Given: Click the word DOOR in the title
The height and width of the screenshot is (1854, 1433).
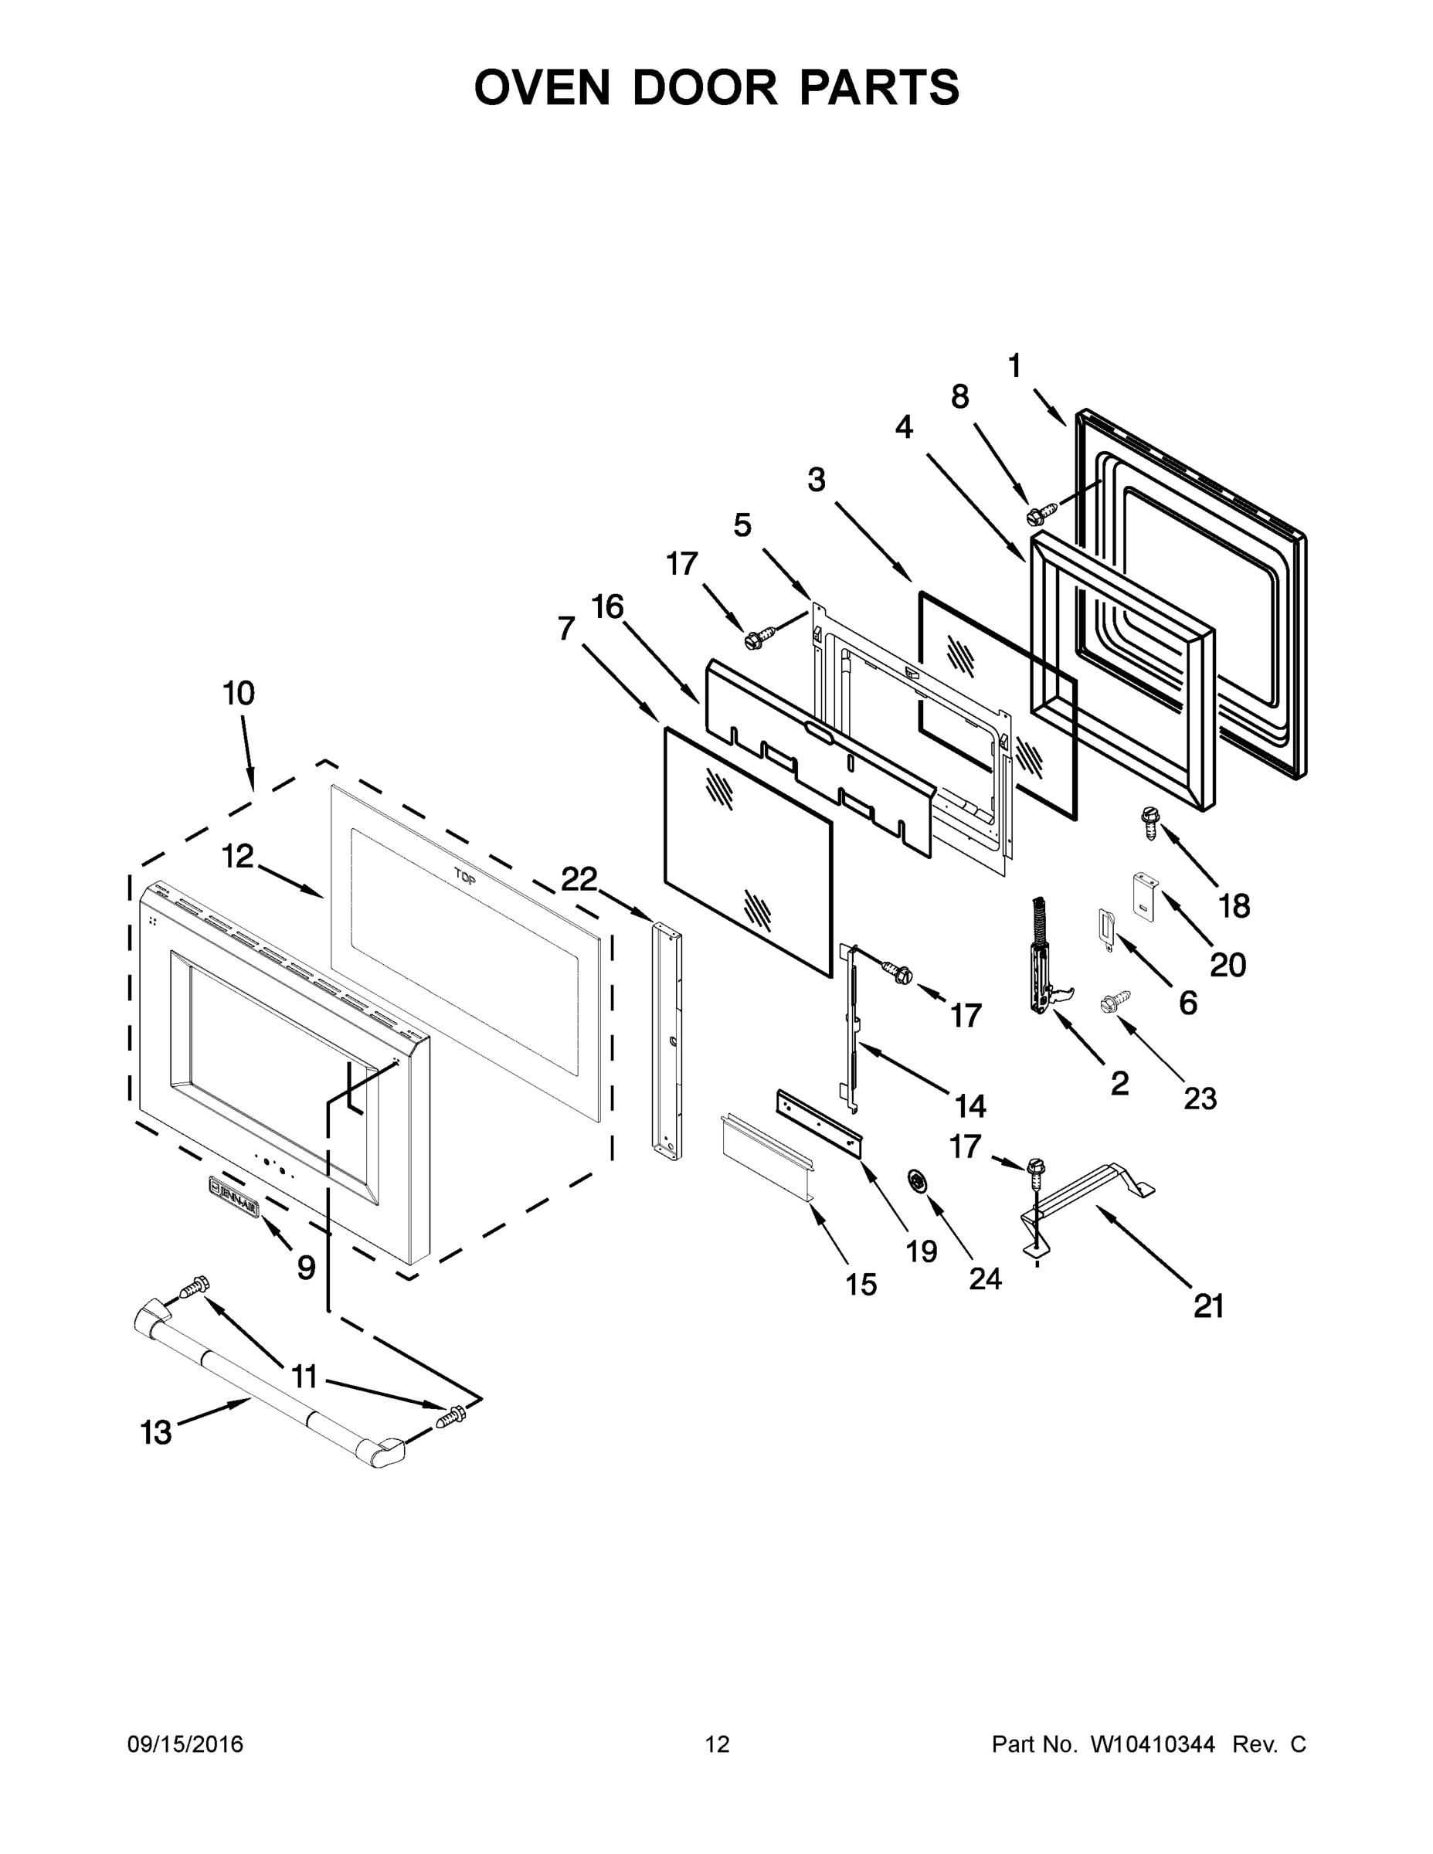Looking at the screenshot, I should coord(704,87).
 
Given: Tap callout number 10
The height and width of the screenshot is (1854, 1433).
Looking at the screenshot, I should coord(239,694).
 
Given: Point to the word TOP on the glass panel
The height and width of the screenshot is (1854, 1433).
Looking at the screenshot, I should coord(464,877).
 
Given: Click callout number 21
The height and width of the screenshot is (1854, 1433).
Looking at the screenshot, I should coord(1209,1306).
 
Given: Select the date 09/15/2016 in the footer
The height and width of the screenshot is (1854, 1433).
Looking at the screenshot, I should coord(185,1744).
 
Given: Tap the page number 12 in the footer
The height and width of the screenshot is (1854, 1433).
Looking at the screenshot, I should coord(718,1744).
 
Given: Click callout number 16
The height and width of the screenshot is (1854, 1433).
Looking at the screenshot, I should coord(608,607).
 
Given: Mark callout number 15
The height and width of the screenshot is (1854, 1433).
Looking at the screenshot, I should coord(861,1285).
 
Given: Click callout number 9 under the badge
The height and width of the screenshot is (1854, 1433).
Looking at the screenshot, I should coord(307,1268).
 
